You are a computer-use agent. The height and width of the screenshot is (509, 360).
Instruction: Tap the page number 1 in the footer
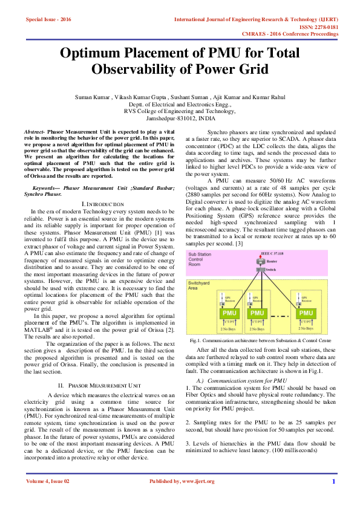point(333,481)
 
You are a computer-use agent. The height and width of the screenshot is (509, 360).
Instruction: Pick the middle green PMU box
point(257,313)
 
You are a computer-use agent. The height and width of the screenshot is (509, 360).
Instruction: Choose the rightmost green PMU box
point(306,313)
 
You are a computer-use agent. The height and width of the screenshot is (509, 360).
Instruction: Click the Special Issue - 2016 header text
point(48,19)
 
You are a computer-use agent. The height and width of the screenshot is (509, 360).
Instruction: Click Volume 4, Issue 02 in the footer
point(48,481)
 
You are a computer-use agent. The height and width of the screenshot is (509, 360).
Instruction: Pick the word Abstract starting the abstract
point(35,131)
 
